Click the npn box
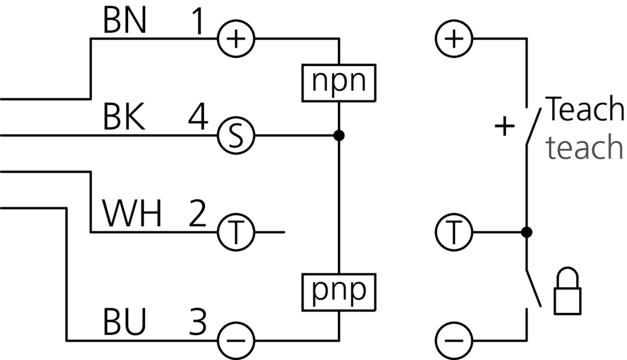pos(339,82)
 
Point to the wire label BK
pos(124,119)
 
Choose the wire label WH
pos(133,215)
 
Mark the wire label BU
pos(124,323)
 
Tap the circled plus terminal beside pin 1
pos(235,39)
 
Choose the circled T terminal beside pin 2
pos(235,232)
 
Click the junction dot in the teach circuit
pos(526,232)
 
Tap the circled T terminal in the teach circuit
pos(454,232)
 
